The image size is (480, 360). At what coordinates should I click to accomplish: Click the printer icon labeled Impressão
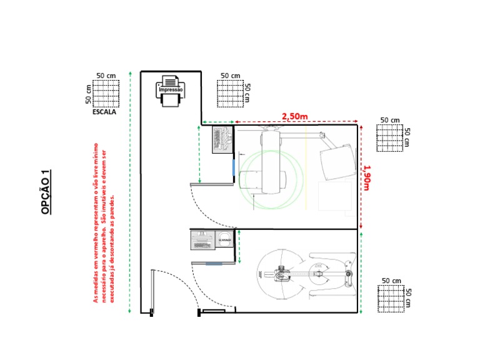click(x=171, y=91)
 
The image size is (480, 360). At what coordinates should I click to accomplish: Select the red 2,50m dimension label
click(x=295, y=116)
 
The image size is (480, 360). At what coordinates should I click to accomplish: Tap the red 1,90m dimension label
click(x=367, y=177)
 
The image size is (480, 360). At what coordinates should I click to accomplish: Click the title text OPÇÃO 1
click(x=46, y=192)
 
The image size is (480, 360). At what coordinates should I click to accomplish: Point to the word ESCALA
click(x=104, y=112)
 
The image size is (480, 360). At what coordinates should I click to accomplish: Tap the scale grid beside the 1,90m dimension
click(x=389, y=138)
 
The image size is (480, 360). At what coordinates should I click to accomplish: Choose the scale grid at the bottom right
click(x=391, y=298)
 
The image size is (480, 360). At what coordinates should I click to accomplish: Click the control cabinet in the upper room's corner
click(x=221, y=139)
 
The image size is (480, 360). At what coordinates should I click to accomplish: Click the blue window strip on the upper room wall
click(x=234, y=167)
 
